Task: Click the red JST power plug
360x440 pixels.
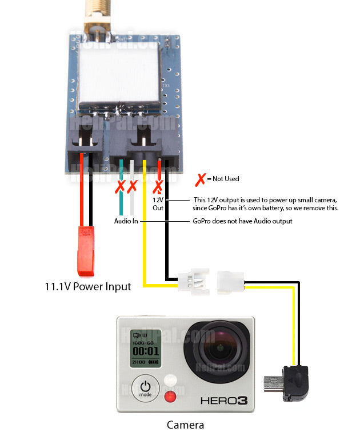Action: coord(86,251)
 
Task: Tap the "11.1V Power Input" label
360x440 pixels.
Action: coord(88,287)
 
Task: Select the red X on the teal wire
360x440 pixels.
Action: coord(120,187)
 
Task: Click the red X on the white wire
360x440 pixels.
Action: coord(132,187)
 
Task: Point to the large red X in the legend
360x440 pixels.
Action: coord(201,179)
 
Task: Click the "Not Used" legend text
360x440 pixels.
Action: coord(226,179)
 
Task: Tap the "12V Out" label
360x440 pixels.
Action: coord(158,204)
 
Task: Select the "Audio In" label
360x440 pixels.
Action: coord(126,221)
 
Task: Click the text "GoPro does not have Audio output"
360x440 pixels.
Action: coord(242,221)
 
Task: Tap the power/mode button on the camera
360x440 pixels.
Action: coord(145,389)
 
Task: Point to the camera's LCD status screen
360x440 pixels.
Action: coord(146,349)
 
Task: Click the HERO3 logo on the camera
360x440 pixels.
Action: coord(224,401)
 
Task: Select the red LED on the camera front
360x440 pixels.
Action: coord(170,397)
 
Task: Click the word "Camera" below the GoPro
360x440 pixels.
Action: coord(186,425)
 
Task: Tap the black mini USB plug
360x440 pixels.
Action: coord(286,383)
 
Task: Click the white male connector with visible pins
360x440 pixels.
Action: coord(194,282)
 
